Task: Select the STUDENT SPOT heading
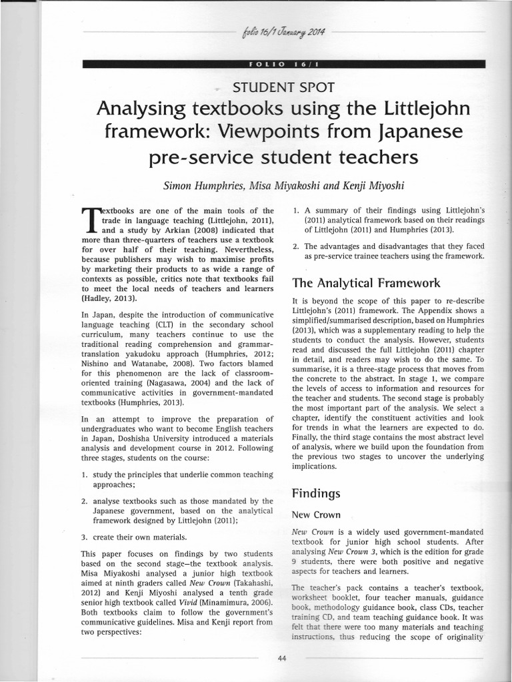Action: click(x=283, y=86)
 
